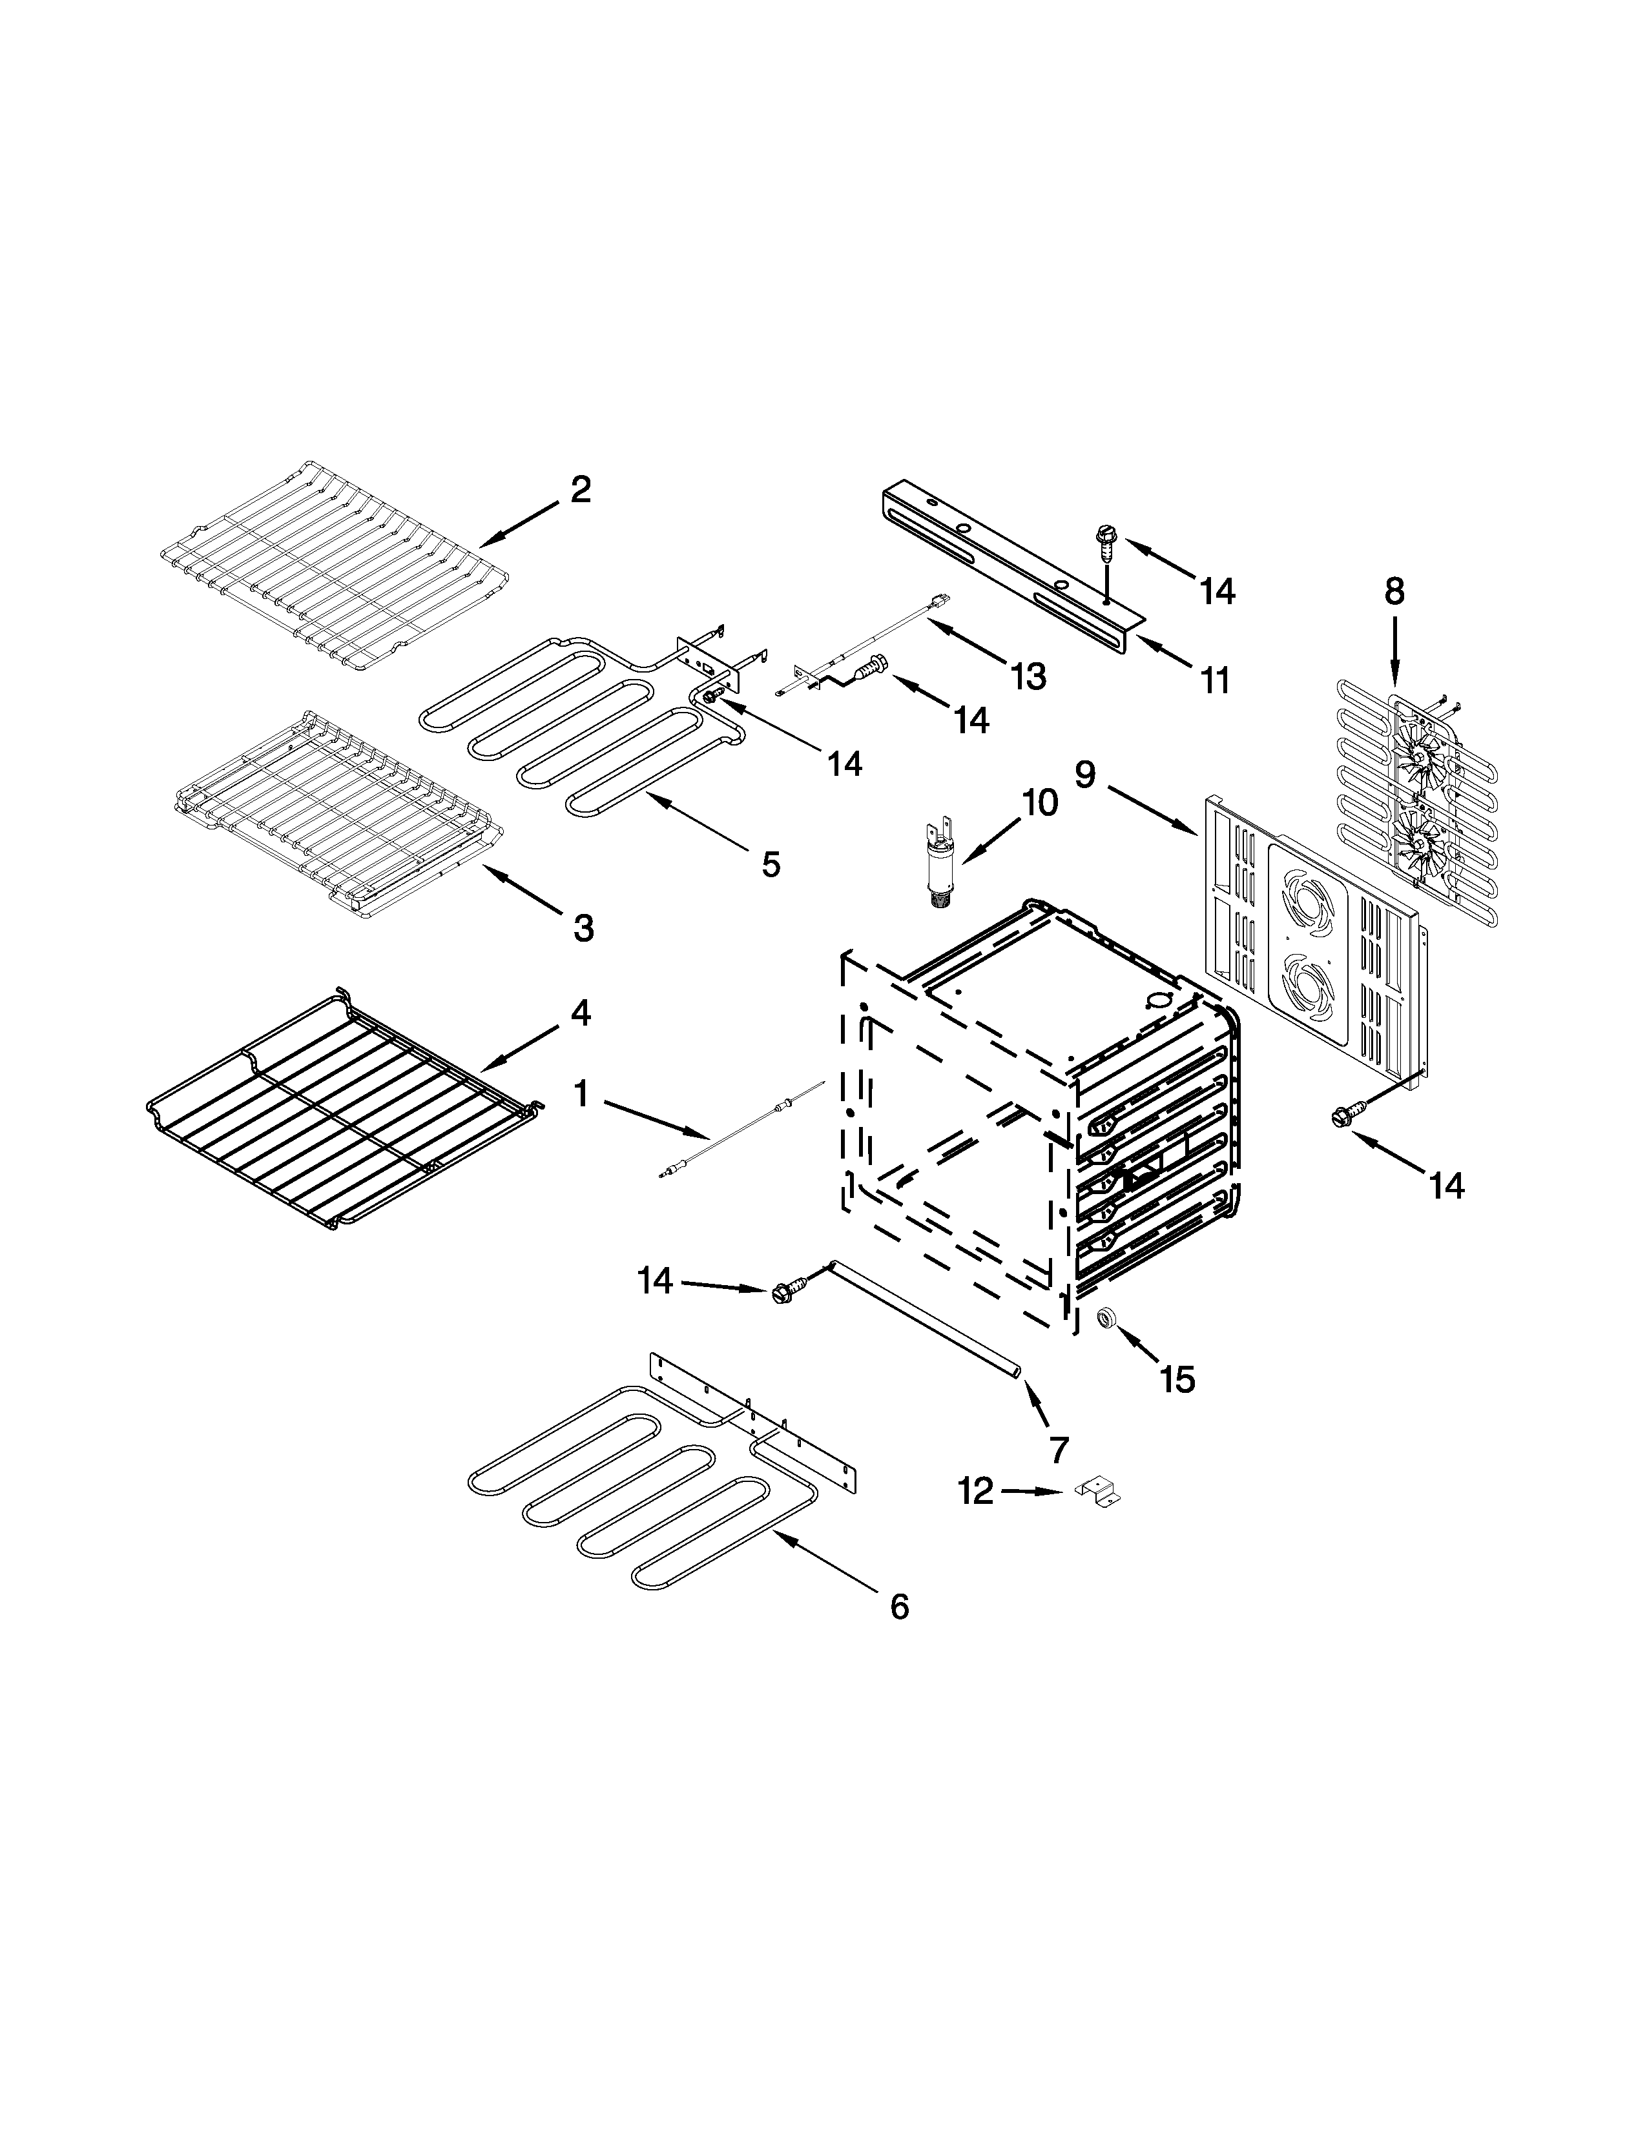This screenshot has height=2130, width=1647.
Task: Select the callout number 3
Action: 583,928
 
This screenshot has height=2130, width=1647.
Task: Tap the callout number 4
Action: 579,1013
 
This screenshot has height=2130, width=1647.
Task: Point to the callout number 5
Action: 771,863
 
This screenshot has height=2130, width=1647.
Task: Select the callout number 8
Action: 1394,591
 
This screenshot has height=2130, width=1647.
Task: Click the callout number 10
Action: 1040,803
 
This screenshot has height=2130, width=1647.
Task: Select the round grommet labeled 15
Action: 1106,1319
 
